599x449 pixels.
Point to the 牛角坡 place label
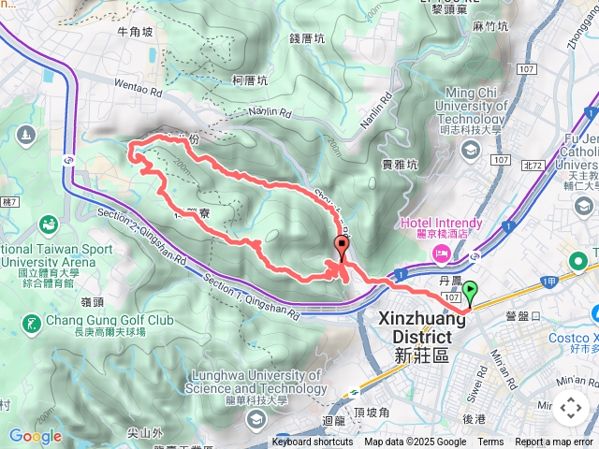135,31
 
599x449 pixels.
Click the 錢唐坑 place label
307,38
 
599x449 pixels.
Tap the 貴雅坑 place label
400,164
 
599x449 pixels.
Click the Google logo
35,436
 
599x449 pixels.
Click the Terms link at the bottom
490,442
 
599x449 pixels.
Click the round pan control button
570,408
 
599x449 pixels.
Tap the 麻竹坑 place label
490,26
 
